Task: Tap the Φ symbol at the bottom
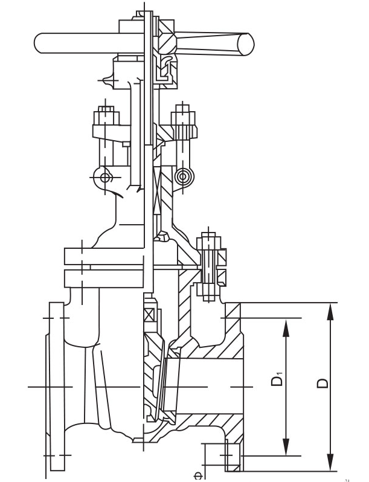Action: (x=197, y=474)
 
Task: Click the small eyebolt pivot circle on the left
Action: (x=106, y=177)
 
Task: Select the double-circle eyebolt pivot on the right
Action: (x=182, y=176)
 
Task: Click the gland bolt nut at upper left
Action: (x=106, y=115)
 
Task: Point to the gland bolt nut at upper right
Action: (x=184, y=115)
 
